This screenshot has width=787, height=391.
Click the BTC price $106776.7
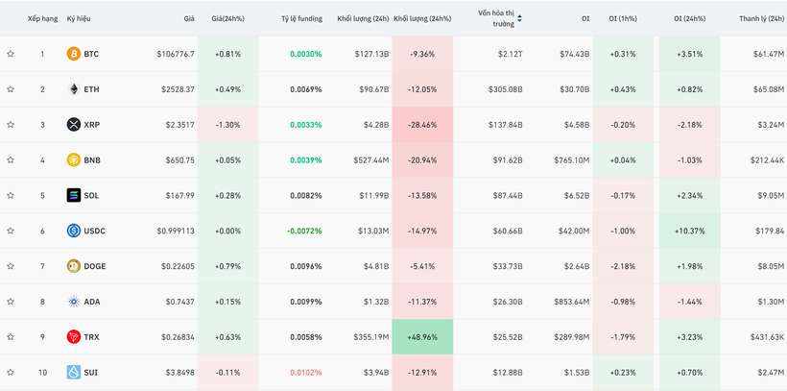pos(176,54)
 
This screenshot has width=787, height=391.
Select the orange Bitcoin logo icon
pos(73,54)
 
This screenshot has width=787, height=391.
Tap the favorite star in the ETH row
pos(11,89)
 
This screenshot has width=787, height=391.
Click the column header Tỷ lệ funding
pos(301,18)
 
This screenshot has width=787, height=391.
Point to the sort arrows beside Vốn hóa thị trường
pos(520,18)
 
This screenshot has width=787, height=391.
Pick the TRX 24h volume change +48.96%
pos(421,337)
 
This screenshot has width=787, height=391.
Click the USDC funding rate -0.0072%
pos(305,231)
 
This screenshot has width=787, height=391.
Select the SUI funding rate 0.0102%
pos(305,373)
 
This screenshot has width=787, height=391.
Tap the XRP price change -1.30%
pos(227,125)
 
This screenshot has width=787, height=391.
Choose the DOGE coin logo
pos(73,266)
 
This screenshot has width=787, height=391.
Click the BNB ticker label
pos(92,160)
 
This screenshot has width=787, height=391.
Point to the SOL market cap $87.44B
pos(508,196)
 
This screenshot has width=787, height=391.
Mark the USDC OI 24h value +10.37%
pos(689,231)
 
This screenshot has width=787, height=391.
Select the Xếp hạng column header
pos(42,18)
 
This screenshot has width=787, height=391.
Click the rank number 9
pos(42,337)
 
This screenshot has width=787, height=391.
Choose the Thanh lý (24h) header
pos(761,18)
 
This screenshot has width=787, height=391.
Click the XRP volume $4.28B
pos(374,125)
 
